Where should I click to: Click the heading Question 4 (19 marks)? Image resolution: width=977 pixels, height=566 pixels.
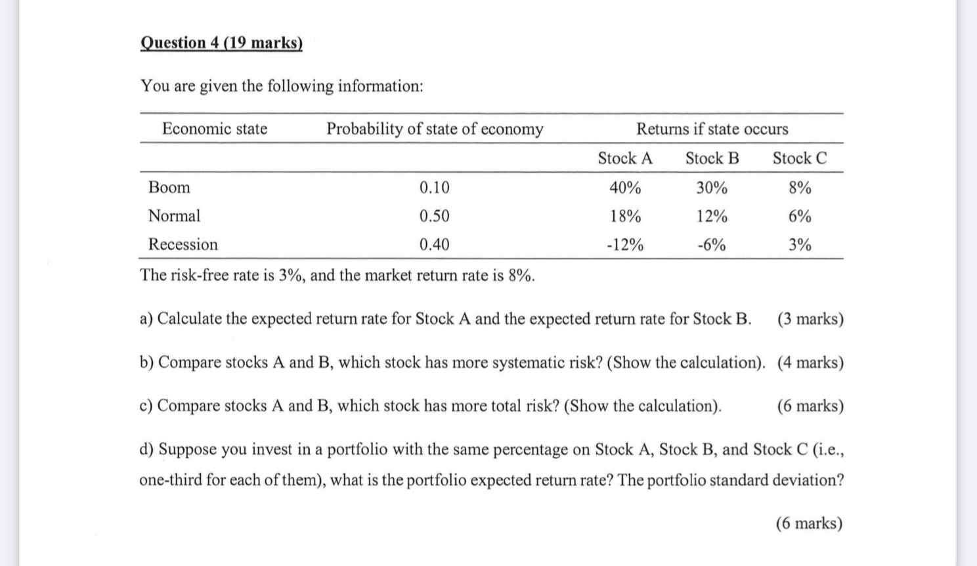coord(221,43)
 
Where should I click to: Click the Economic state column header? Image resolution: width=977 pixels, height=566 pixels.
coord(215,129)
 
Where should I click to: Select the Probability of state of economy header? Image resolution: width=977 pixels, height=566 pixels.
coord(435,129)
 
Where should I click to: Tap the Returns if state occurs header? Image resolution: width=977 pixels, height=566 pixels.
coord(712,129)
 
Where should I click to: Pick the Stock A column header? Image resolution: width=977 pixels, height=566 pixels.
coord(624,158)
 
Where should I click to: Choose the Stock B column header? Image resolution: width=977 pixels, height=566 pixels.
coord(712,158)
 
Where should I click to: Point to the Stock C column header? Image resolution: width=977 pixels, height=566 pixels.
coord(799,158)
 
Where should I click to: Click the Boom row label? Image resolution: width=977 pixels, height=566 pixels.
coord(169,188)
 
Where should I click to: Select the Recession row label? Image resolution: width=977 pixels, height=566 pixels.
coord(183,245)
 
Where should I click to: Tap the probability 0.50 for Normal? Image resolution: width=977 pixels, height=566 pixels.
coord(434,216)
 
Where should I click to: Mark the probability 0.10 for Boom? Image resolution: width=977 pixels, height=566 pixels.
coord(434,188)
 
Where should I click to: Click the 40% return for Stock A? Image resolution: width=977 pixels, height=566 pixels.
coord(624,188)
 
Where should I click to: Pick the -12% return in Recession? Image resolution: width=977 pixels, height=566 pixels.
coord(624,246)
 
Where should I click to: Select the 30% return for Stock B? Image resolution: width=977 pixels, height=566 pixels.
coord(712,188)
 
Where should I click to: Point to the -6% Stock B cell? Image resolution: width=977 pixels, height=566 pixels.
coord(712,246)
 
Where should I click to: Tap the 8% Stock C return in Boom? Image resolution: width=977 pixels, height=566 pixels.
coord(800,188)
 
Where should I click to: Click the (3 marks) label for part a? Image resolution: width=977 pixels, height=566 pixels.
coord(810,319)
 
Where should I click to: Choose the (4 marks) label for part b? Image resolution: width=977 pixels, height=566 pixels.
coord(810,362)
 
